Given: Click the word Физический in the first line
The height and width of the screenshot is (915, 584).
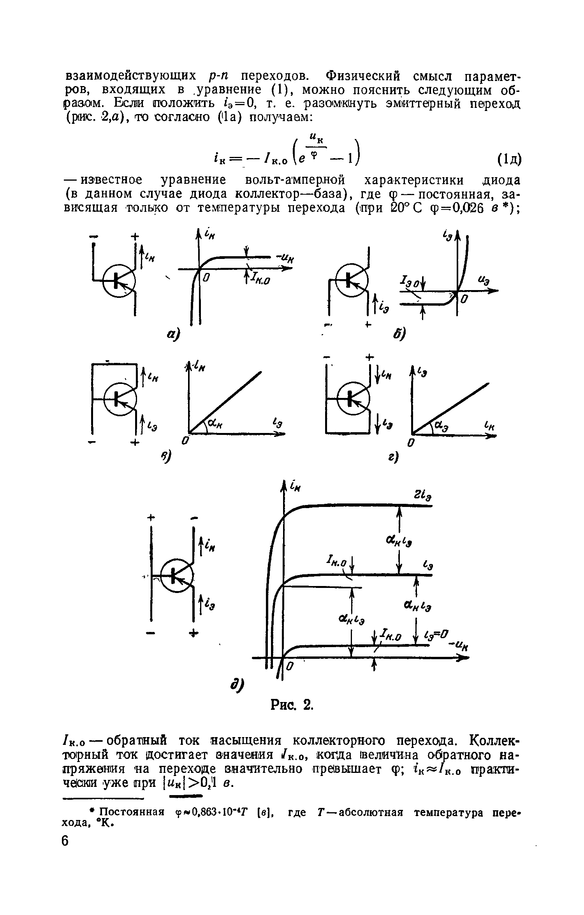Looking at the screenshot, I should pos(364,75).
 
